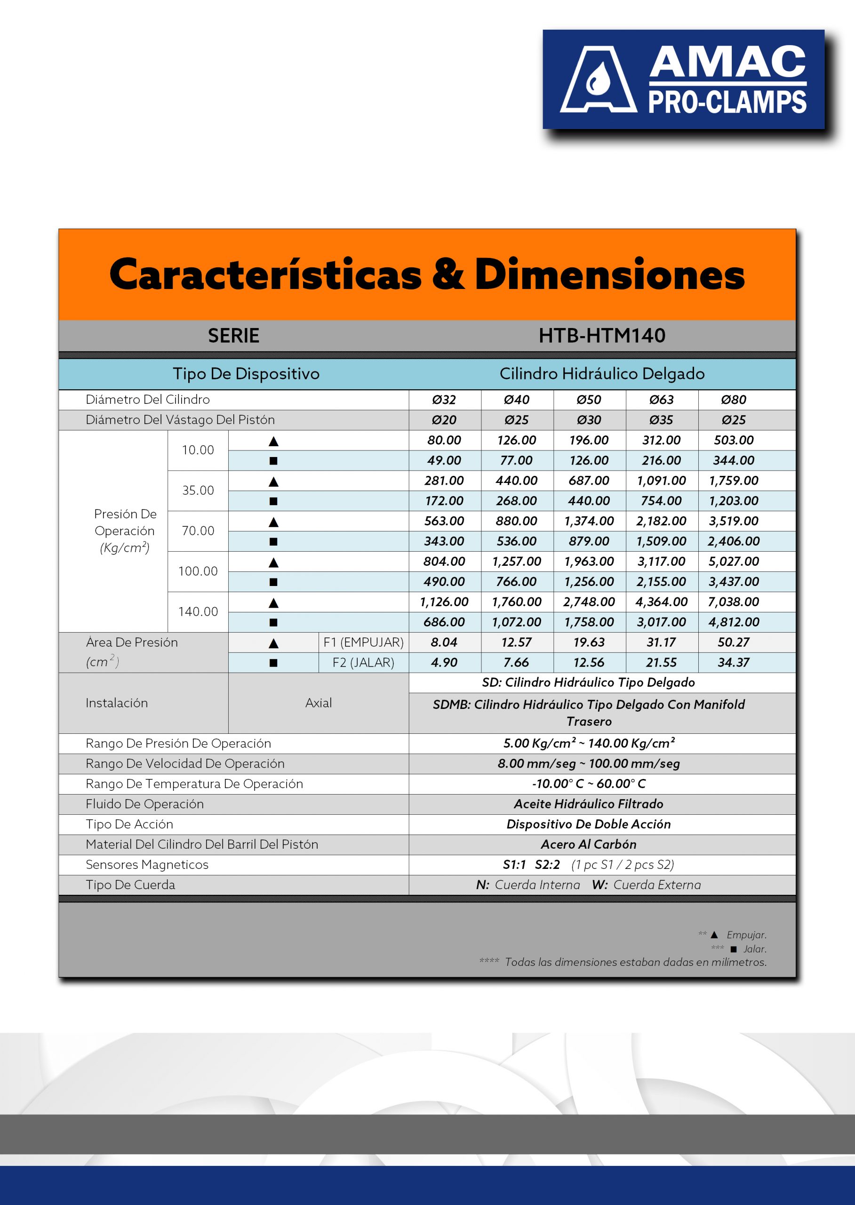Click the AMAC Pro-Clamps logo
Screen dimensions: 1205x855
pos(683,79)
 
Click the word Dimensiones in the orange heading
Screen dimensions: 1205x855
pos(609,275)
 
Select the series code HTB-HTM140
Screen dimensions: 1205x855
pos(602,336)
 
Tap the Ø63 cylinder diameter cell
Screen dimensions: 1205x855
pos(661,400)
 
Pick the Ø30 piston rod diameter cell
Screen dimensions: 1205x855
pos(589,420)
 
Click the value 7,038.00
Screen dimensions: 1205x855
pos(734,602)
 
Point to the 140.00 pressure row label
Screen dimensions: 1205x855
pos(198,611)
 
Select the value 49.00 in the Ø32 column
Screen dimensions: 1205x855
pos(444,460)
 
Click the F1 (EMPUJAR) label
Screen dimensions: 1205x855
pos(363,642)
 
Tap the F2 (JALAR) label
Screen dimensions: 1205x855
pos(363,663)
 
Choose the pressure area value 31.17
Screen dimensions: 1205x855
pos(661,642)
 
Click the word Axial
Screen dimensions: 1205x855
pos(319,703)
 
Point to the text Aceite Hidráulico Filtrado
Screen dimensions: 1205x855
pos(589,803)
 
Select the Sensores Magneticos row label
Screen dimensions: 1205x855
pos(147,864)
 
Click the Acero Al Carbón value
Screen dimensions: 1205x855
pos(589,844)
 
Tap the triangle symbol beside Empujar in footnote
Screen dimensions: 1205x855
pos(714,935)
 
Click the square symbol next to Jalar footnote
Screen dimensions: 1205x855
pos(734,949)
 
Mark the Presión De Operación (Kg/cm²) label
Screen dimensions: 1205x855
pos(125,531)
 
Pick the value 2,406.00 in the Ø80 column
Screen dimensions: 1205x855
pos(734,541)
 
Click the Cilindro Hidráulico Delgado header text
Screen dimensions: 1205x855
pos(602,373)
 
